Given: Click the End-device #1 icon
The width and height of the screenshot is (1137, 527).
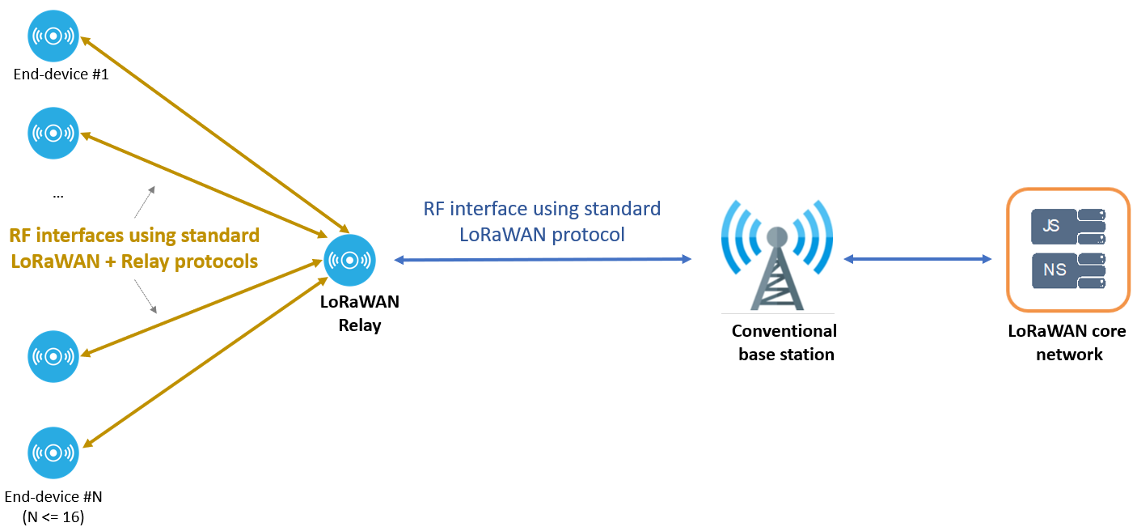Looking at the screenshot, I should tap(53, 36).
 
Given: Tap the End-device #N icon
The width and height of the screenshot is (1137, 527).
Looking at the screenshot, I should tap(53, 453).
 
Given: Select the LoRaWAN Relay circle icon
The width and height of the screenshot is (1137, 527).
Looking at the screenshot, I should tap(349, 260).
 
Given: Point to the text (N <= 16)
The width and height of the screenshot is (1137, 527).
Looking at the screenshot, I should tap(53, 516).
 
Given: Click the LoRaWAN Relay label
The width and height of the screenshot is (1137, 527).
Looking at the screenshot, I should tap(360, 314).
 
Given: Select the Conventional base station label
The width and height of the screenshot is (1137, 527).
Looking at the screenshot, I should tap(784, 342).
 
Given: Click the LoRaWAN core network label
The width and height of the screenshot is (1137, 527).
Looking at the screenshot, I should tap(1067, 342).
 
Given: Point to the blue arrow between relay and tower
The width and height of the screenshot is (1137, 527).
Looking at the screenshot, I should tap(543, 260).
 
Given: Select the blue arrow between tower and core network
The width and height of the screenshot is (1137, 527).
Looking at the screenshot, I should tap(918, 259).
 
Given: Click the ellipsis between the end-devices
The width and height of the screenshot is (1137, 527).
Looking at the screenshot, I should tap(57, 195).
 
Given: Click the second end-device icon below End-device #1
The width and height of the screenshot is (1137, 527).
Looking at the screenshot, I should tap(53, 132).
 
